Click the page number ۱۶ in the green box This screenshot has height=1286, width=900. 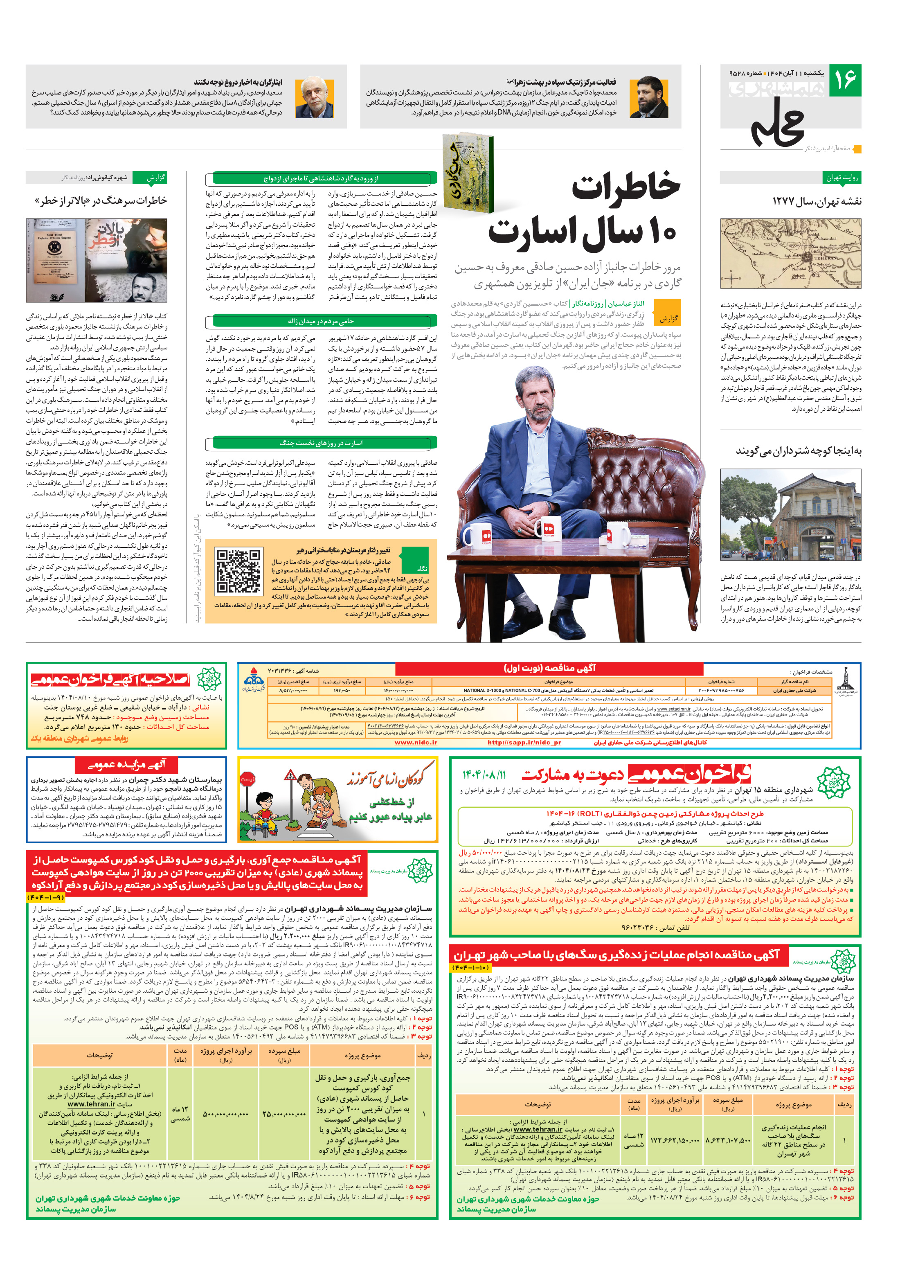coord(845,81)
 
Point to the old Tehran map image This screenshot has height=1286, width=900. coord(790,254)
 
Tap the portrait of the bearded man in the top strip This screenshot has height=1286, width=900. coord(648,97)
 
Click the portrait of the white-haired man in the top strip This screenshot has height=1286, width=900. coord(314,97)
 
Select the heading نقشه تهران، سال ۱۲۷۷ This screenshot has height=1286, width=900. coord(817,201)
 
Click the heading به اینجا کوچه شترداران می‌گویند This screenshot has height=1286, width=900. coord(798,451)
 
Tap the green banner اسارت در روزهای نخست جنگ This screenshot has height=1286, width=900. coord(321,443)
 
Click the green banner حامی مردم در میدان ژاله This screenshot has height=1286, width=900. coord(321,321)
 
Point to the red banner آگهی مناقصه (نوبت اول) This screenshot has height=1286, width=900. coord(549,668)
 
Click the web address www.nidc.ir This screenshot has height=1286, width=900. coord(416,743)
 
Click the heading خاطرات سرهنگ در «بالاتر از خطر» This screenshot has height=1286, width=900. coord(101,200)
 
